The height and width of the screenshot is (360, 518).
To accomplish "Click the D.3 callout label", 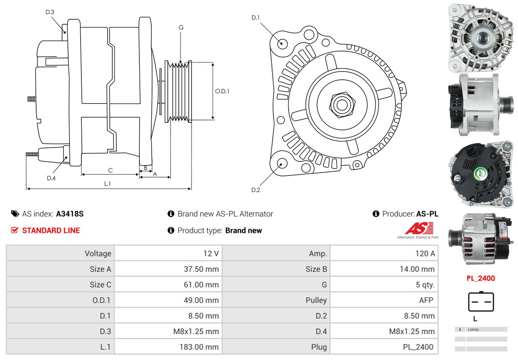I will (x=50, y=12).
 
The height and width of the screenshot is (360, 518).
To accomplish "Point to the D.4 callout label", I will (x=51, y=178).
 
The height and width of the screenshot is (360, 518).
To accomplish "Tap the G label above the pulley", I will (x=181, y=28).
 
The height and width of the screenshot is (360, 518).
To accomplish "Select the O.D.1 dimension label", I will (x=222, y=91).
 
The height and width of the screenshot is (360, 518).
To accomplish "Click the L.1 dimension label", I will (x=107, y=184).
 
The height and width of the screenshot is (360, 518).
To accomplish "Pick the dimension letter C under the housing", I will (x=110, y=170).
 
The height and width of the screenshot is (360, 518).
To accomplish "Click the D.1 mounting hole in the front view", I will (x=282, y=43).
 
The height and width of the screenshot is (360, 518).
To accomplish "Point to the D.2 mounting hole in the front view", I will (x=282, y=163).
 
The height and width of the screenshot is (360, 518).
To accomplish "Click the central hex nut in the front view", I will (x=341, y=104).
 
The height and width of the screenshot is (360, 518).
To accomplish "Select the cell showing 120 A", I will (x=384, y=254).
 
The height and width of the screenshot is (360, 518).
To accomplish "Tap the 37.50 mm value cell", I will (x=168, y=269).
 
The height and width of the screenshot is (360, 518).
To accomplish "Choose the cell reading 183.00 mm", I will (x=168, y=347).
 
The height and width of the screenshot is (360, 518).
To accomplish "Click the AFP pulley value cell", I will (x=384, y=300).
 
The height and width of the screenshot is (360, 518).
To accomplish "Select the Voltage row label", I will (x=60, y=254).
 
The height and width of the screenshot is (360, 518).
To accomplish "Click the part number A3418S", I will (x=70, y=214).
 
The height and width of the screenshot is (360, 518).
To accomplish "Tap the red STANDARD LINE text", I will (x=51, y=231).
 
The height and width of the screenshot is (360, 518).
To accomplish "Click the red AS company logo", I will (x=419, y=229).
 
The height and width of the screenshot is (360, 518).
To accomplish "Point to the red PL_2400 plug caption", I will (x=481, y=278).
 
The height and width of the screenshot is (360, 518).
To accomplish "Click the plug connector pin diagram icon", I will (x=481, y=302).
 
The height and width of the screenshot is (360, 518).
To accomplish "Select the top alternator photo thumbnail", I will (x=481, y=36).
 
